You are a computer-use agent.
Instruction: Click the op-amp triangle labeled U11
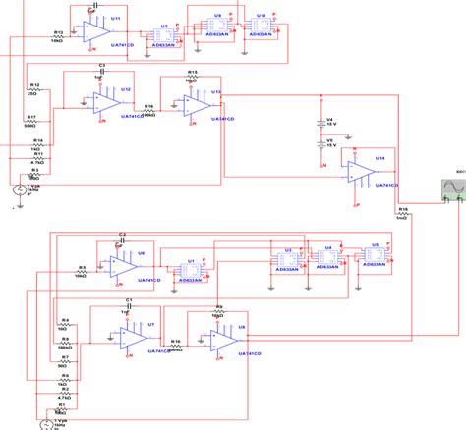(x=98, y=31)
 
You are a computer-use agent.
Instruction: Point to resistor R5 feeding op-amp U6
(x=84, y=270)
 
